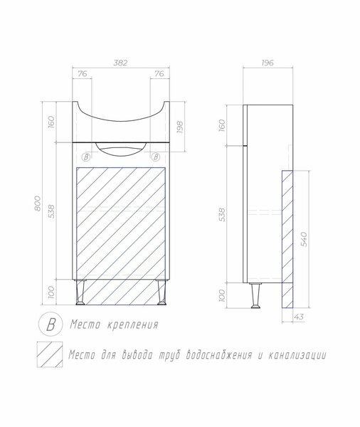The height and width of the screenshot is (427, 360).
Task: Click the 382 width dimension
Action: (x=120, y=63)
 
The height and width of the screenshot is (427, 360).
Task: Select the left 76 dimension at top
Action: (x=83, y=74)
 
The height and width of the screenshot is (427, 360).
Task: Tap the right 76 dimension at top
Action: (x=159, y=74)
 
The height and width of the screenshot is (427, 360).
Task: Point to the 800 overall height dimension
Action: (x=38, y=203)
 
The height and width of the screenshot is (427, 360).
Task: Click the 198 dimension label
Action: (x=180, y=127)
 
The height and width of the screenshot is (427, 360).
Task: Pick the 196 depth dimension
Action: (x=268, y=63)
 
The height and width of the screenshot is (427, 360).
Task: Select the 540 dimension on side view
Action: (x=305, y=239)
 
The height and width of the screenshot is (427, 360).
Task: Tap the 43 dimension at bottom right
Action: (x=299, y=317)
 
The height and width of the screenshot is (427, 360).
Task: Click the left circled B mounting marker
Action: (x=86, y=157)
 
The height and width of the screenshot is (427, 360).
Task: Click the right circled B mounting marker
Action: (x=156, y=157)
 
